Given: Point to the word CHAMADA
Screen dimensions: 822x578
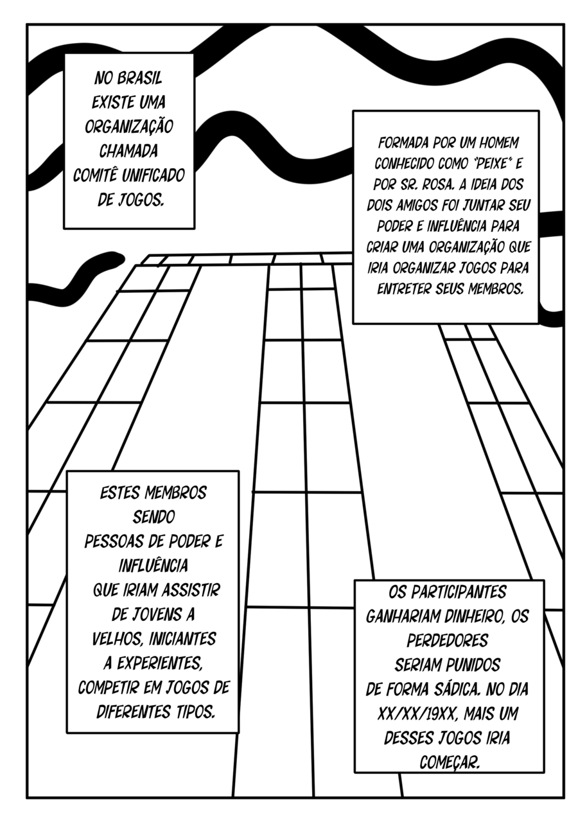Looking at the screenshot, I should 128,151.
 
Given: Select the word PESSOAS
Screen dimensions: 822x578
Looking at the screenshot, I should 112,541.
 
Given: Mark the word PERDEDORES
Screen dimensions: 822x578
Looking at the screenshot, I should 448,640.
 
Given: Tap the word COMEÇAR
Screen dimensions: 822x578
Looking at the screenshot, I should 449,762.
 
